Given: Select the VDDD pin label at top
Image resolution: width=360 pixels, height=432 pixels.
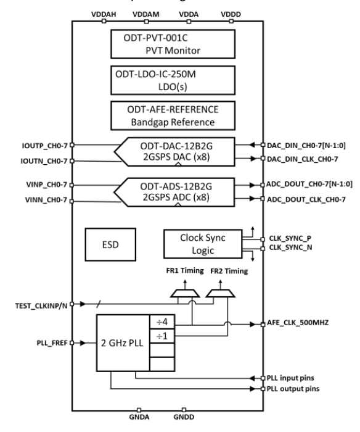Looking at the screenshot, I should tap(229, 13).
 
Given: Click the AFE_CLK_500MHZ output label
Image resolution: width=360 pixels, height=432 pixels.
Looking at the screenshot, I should tap(301, 323).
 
